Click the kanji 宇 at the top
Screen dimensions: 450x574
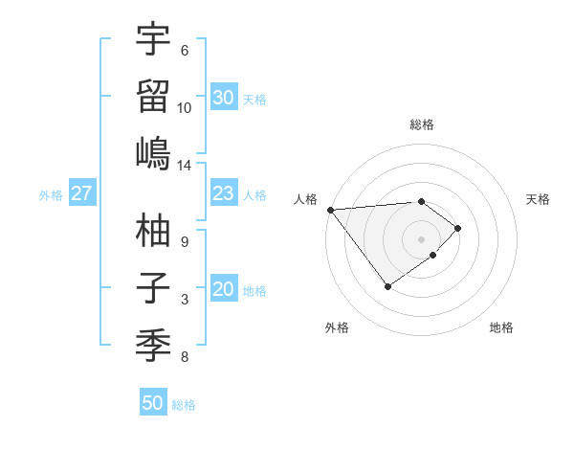(x=153, y=39)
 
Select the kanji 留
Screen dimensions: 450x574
(x=153, y=96)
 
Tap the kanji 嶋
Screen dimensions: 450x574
(x=153, y=153)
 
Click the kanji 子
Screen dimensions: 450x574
(x=153, y=288)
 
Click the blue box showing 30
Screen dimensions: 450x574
(x=223, y=97)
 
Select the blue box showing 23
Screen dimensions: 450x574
(x=223, y=193)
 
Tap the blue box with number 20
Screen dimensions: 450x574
(x=223, y=289)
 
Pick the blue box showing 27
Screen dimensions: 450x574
(x=81, y=193)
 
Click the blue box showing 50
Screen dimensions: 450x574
(x=153, y=403)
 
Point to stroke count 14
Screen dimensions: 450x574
(x=185, y=166)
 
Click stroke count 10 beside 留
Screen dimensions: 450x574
(x=185, y=107)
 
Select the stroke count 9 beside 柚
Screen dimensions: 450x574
(x=185, y=241)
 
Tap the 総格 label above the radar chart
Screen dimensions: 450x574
(x=422, y=124)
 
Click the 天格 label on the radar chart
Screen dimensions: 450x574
(x=538, y=199)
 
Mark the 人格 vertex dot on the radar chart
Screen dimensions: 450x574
(x=330, y=210)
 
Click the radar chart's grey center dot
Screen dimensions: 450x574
(x=421, y=238)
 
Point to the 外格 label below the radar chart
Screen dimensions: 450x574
(x=337, y=327)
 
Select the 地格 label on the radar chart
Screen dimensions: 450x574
(x=501, y=327)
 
